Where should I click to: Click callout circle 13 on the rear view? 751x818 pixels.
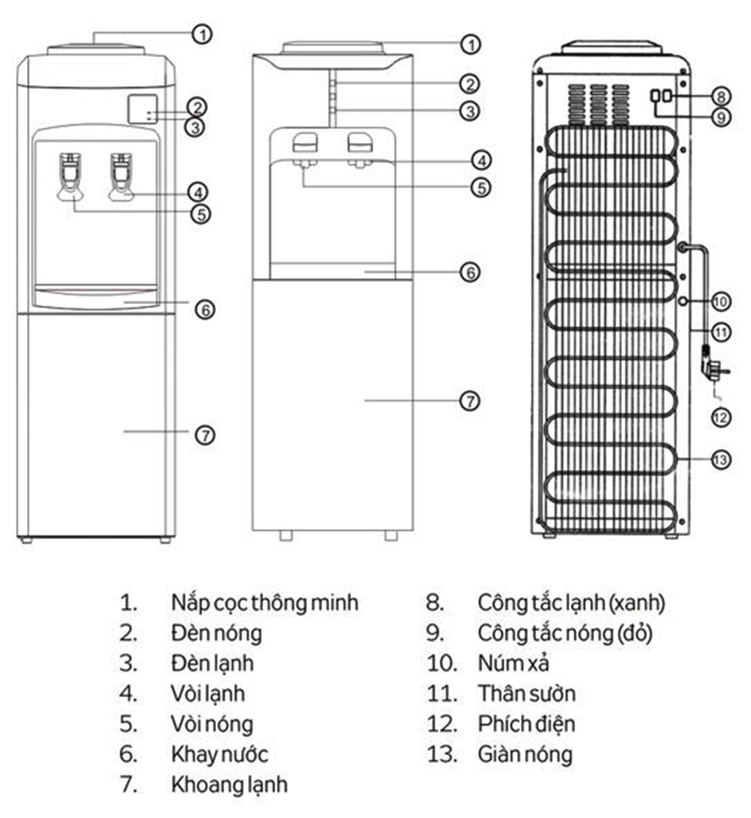click(x=720, y=460)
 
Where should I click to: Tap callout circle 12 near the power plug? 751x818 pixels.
click(x=720, y=417)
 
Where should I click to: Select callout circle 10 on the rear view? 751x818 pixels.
click(x=720, y=301)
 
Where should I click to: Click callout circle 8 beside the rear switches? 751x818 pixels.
click(x=720, y=96)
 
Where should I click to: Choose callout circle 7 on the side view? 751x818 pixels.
click(x=470, y=401)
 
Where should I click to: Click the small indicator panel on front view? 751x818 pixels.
click(x=142, y=109)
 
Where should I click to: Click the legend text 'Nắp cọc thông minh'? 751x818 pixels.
click(x=265, y=603)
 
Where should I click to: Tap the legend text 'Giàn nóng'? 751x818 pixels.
click(x=525, y=754)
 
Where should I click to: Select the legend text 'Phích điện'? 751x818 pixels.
click(x=526, y=724)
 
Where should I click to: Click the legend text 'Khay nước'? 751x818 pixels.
click(x=220, y=754)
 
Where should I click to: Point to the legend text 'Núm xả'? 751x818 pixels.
click(x=513, y=664)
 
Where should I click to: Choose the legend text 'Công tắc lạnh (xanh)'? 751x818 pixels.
click(x=571, y=603)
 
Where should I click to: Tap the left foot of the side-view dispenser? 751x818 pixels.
click(x=285, y=535)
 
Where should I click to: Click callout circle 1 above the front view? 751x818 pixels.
click(x=202, y=35)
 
